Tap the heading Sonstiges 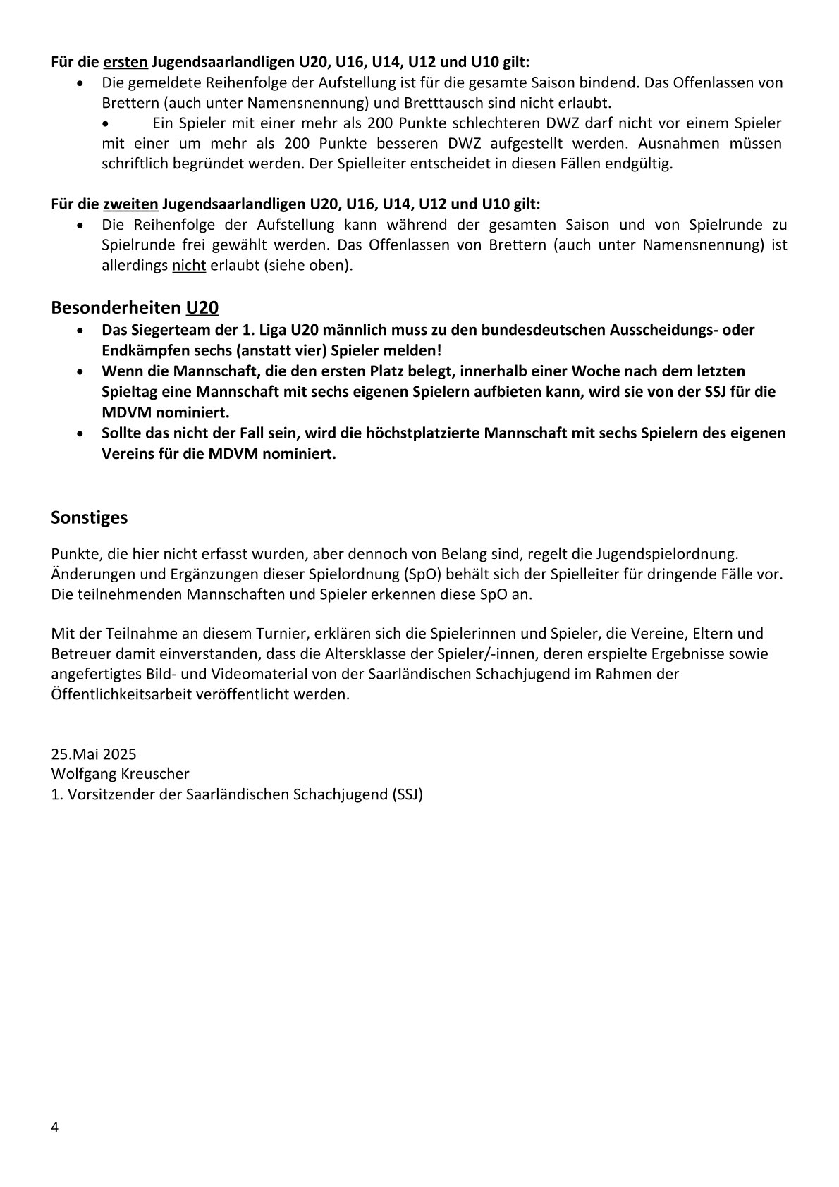[x=90, y=517]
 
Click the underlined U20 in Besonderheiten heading [x=202, y=307]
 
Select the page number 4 [x=55, y=1126]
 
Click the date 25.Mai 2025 [x=94, y=754]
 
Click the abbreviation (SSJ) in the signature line [x=405, y=794]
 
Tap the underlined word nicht [x=189, y=266]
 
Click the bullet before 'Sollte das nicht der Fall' [x=83, y=433]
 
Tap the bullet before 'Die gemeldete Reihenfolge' [x=83, y=83]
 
